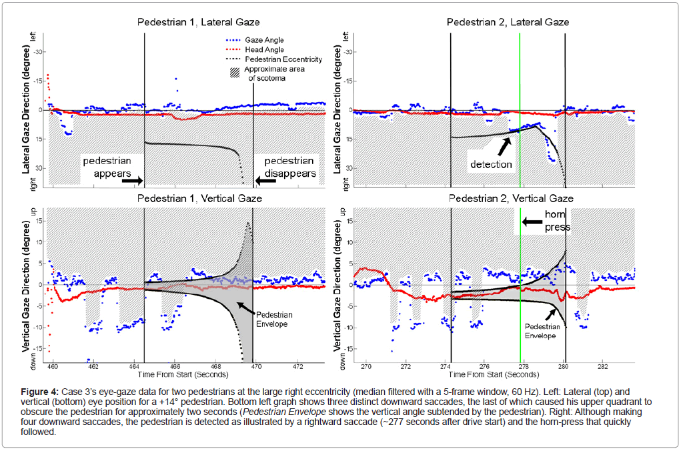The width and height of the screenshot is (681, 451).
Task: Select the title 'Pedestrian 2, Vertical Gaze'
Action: point(511,198)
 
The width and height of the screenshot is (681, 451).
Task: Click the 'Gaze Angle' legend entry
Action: point(265,40)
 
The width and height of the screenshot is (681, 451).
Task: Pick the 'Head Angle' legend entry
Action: point(265,49)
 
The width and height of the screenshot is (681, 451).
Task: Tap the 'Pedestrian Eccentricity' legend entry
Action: point(283,59)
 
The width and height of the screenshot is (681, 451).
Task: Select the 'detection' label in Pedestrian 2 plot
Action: point(491,164)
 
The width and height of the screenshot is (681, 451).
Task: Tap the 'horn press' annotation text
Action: point(557,221)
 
